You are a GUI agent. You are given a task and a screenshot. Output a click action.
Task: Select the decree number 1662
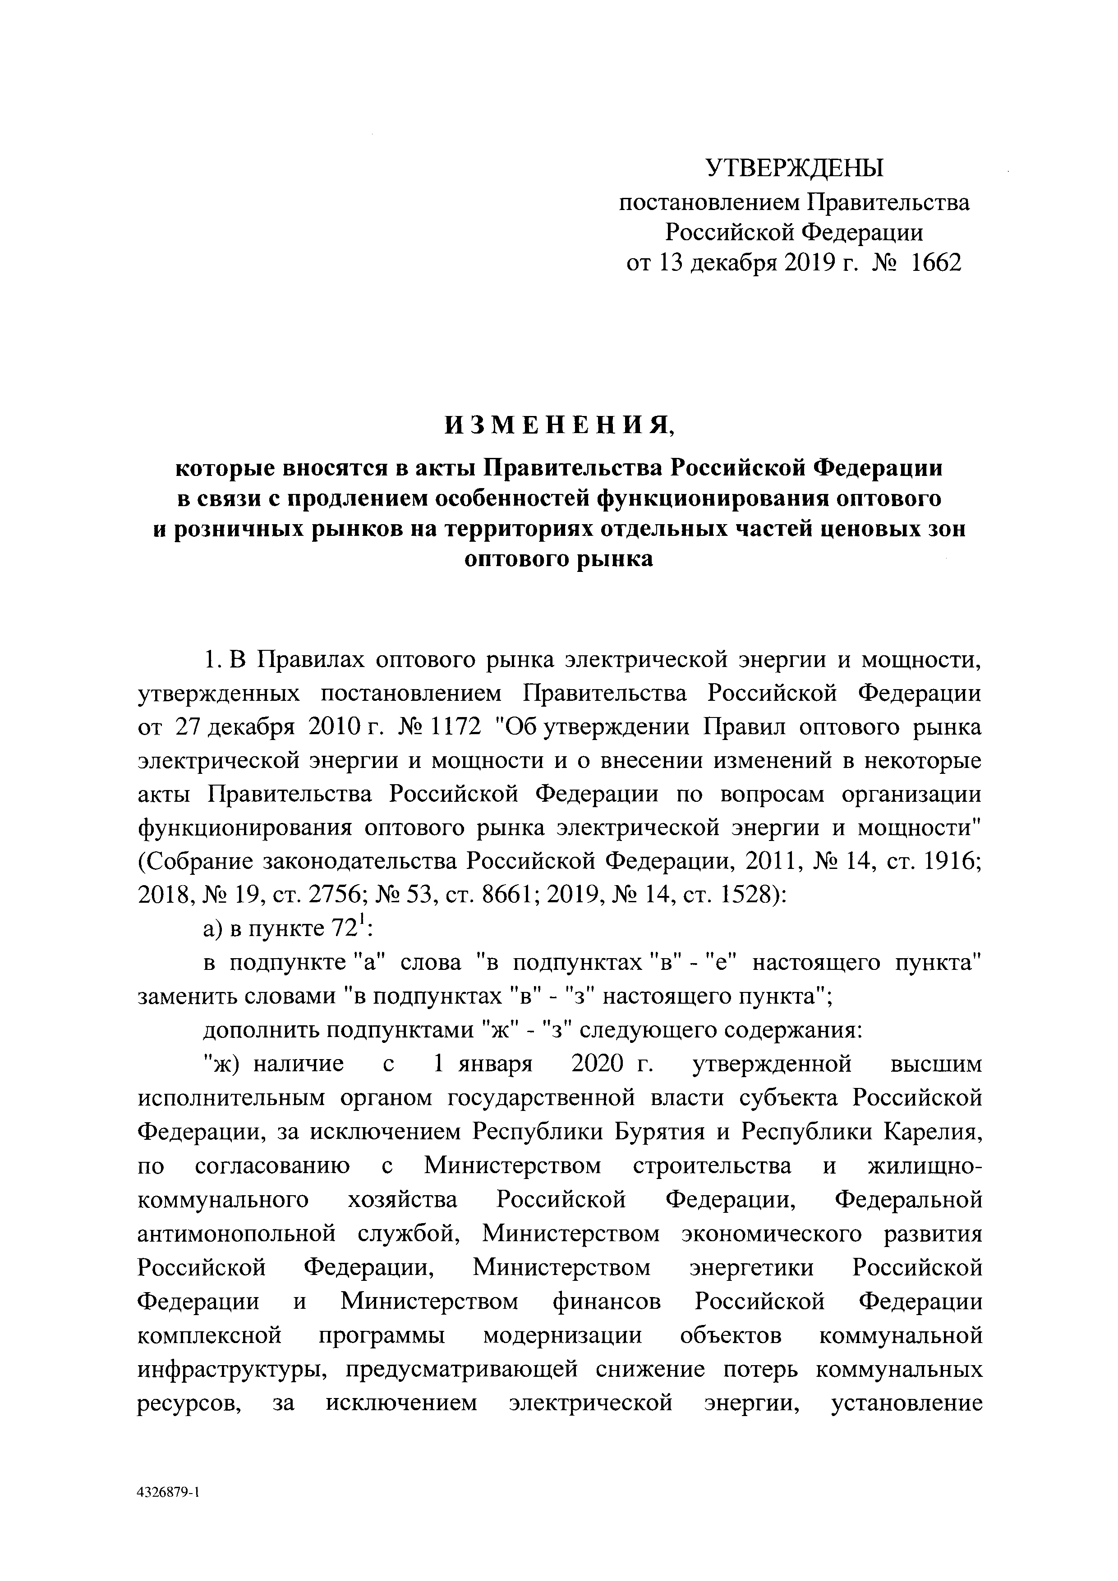pyautogui.click(x=935, y=264)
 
